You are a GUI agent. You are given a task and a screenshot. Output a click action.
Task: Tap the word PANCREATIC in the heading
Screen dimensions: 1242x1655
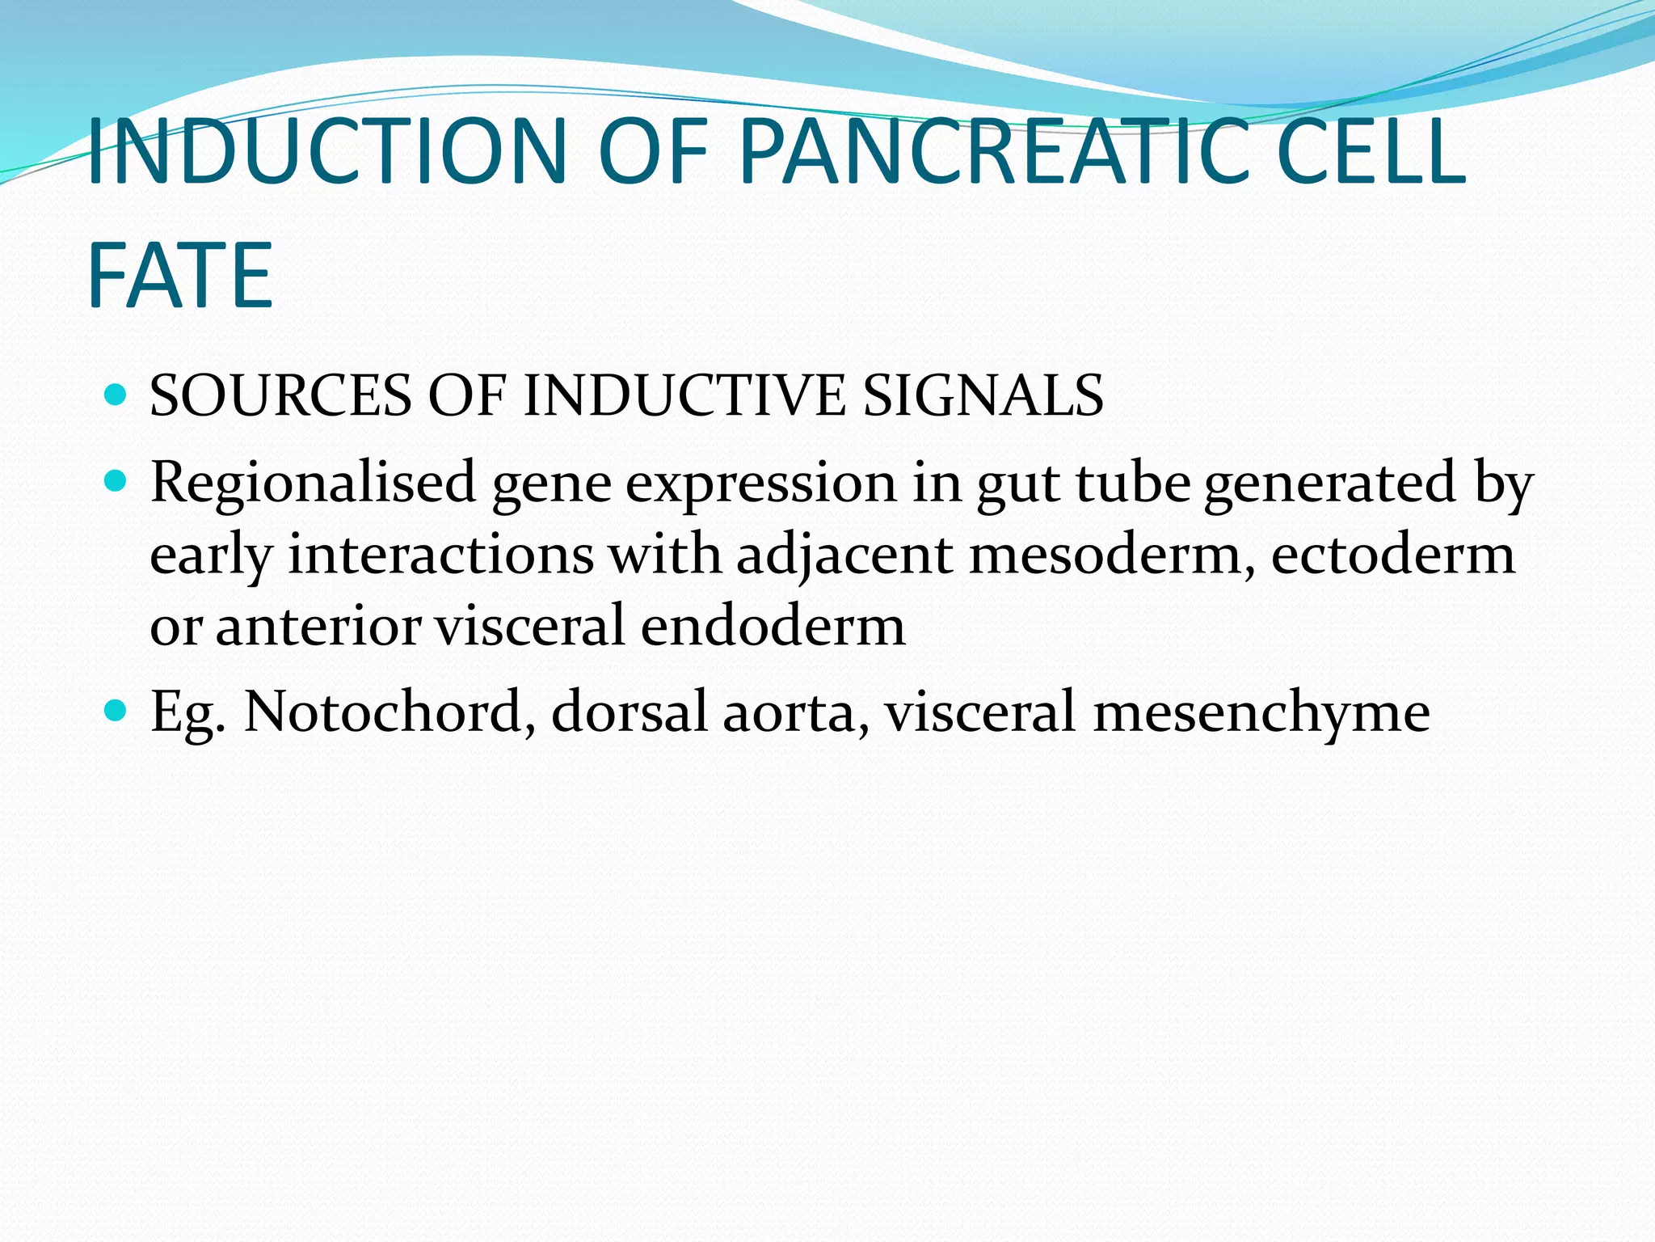[996, 152]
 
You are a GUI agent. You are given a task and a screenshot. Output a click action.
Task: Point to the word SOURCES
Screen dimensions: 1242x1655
[280, 396]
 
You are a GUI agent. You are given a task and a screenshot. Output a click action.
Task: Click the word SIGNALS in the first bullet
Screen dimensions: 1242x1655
[983, 396]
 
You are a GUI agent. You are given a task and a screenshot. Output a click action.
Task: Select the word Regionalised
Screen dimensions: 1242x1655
[313, 484]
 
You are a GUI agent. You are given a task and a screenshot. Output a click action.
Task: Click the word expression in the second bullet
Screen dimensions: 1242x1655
[760, 484]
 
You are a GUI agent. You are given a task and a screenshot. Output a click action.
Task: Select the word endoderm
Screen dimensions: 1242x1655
[773, 626]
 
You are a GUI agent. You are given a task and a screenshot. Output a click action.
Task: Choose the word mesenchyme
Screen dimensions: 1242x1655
[1261, 712]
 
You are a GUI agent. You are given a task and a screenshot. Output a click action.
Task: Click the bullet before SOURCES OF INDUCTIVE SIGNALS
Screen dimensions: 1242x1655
[116, 395]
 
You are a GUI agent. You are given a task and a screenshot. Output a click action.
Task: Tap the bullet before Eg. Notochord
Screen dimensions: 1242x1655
[116, 711]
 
